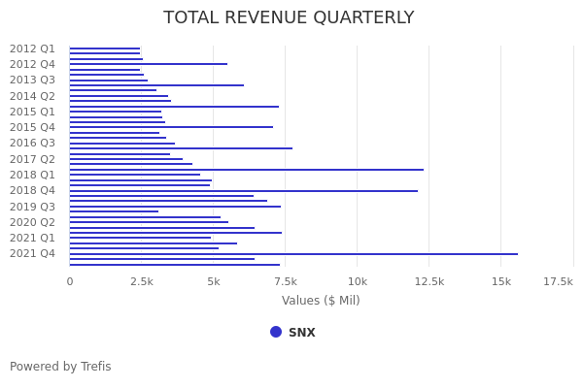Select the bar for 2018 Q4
(243, 191)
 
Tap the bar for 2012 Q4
(148, 64)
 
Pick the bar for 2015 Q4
(171, 127)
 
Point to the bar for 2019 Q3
(175, 207)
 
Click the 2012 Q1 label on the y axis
(32, 48)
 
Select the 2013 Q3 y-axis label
(32, 81)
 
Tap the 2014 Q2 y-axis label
(32, 96)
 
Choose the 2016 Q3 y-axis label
(32, 144)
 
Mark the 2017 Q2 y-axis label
(32, 159)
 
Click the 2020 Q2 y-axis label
(32, 222)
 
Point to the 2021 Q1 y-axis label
(32, 238)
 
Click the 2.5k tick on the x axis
(142, 281)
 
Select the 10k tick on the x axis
(357, 281)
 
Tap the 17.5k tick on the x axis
(558, 281)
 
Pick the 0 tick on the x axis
(69, 281)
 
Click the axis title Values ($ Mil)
(321, 301)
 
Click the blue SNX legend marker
(276, 332)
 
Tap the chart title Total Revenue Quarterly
(289, 17)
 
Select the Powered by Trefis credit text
(60, 367)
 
